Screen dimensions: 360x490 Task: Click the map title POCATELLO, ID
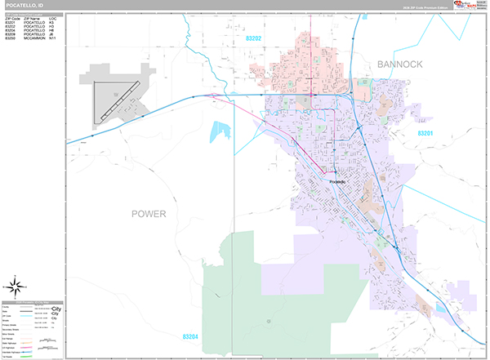point(24,6)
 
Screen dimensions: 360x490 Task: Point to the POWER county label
point(149,214)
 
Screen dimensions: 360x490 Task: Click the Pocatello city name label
point(337,181)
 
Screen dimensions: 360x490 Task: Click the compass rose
point(17,287)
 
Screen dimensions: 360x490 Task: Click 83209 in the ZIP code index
point(10,33)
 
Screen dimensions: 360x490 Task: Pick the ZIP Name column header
point(33,17)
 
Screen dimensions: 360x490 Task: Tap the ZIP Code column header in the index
point(11,17)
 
